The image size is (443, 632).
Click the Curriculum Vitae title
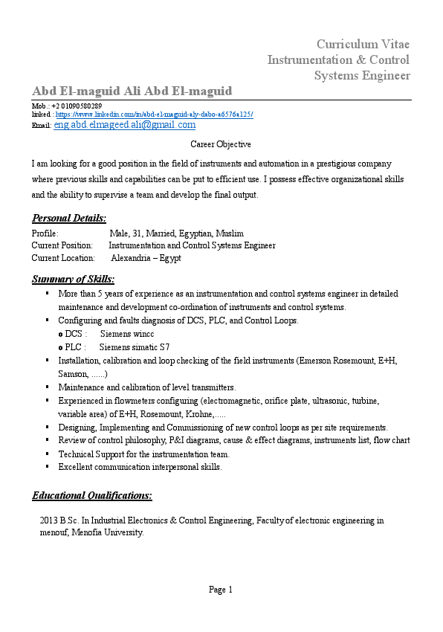(x=363, y=44)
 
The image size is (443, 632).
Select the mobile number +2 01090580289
(x=77, y=106)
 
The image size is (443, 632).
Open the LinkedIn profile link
(x=154, y=115)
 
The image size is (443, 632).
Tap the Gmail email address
(x=124, y=126)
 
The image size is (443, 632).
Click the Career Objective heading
(x=221, y=144)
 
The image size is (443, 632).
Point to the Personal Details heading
(x=69, y=218)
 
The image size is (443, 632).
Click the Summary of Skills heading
(x=73, y=280)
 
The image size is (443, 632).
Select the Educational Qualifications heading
(x=92, y=495)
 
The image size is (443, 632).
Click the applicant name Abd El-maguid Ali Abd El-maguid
(x=132, y=91)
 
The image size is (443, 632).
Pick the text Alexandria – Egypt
(x=146, y=258)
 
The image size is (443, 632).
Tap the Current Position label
(x=62, y=245)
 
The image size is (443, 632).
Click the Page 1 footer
(x=221, y=590)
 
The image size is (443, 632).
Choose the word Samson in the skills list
(x=72, y=374)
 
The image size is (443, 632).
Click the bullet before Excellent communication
(x=47, y=468)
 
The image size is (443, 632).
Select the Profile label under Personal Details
(x=45, y=233)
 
